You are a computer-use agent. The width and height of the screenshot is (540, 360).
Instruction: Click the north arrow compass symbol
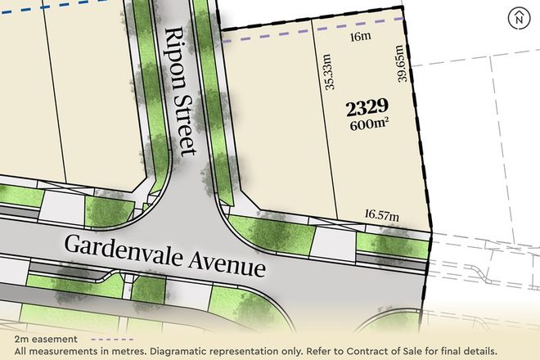point(517,17)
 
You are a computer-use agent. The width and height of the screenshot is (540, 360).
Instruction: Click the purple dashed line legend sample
point(114,338)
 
